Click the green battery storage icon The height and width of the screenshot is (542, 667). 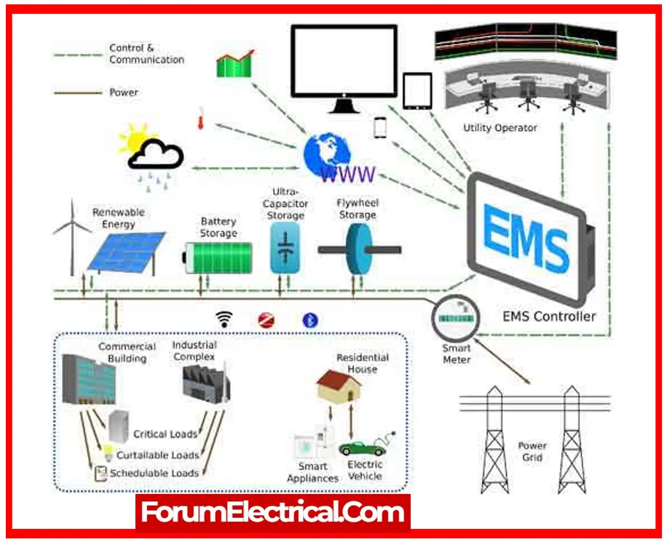tap(218, 258)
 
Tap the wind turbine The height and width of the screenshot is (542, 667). tap(72, 238)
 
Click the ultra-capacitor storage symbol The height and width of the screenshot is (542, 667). tap(285, 248)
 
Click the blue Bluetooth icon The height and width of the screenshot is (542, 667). tap(310, 320)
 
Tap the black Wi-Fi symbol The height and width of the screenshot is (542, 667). tap(224, 319)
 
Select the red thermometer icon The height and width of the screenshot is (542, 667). tap(200, 119)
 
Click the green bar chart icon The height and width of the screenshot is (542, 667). tap(235, 64)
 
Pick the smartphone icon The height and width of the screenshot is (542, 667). tap(380, 127)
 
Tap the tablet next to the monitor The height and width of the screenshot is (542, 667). tap(417, 91)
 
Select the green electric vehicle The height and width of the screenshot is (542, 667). tap(363, 447)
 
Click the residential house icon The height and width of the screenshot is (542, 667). tap(339, 385)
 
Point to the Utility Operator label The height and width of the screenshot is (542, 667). tap(500, 127)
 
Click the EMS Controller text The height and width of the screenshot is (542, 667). tap(549, 316)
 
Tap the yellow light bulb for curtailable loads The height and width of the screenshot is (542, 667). tap(108, 453)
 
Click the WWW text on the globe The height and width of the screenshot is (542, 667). tap(348, 174)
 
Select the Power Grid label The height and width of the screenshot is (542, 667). tap(532, 452)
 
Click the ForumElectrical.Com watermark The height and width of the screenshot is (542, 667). tap(272, 512)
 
